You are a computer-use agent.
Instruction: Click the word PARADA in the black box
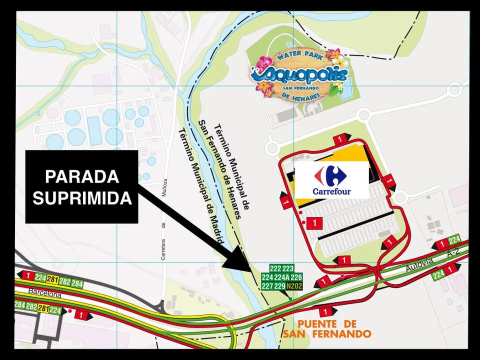[x=82, y=177]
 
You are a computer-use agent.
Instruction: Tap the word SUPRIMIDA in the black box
[x=82, y=198]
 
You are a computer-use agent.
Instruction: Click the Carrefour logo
[x=332, y=180]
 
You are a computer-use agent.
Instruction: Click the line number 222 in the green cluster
[x=275, y=268]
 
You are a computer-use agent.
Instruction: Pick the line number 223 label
[x=288, y=268]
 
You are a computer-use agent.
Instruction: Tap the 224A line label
[x=282, y=277]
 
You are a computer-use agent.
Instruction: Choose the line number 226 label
[x=296, y=277]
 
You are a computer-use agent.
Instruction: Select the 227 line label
[x=267, y=286]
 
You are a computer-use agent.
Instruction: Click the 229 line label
[x=279, y=286]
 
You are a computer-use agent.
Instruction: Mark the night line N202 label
[x=294, y=286]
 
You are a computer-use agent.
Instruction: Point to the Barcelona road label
[x=44, y=294]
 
